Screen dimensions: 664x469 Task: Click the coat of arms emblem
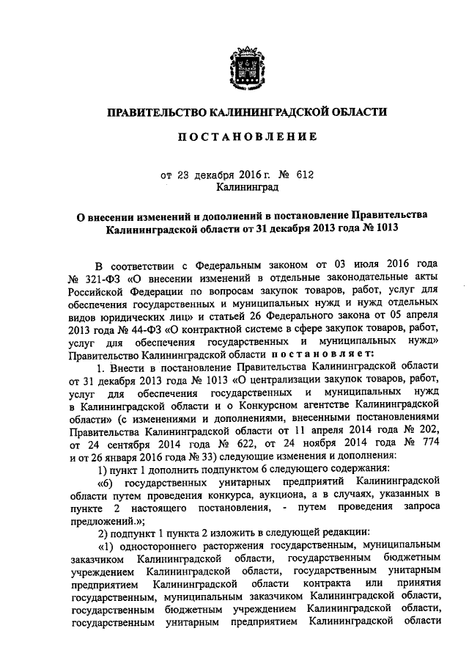pos(244,65)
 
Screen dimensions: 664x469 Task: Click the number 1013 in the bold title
pos(384,229)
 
